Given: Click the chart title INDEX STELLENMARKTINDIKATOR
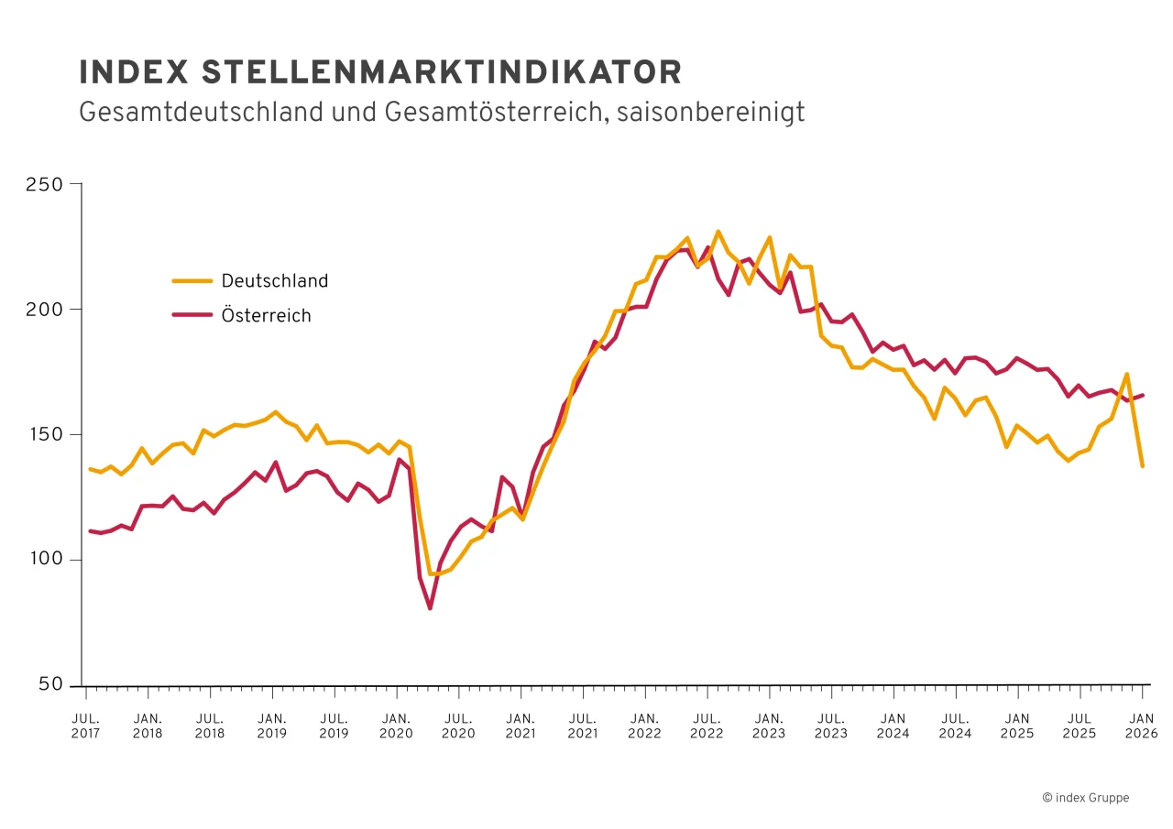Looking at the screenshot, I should pos(380,72).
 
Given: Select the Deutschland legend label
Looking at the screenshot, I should pos(274,281).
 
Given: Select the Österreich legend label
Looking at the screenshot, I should pos(266,316).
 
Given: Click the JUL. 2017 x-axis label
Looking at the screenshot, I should pos(86,725).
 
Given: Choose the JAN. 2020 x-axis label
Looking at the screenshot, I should pos(396,725).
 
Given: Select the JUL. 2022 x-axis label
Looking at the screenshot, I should pos(707,725).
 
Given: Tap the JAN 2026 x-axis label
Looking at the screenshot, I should pos(1142,725).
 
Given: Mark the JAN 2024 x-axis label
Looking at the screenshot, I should pos(893,725).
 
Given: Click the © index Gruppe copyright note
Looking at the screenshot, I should pos(1085,798).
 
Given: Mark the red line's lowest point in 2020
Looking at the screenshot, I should pos(430,608).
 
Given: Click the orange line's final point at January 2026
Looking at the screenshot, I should pos(1142,466).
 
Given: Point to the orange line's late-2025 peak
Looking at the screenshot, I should pos(1126,374).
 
